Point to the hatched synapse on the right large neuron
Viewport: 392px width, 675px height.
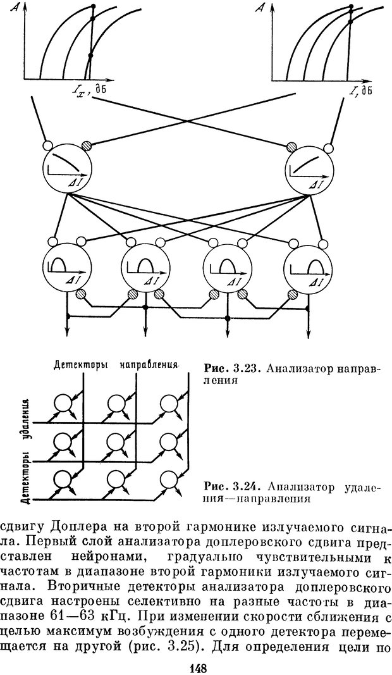pyautogui.click(x=291, y=146)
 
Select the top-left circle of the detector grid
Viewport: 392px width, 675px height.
pyautogui.click(x=65, y=403)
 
